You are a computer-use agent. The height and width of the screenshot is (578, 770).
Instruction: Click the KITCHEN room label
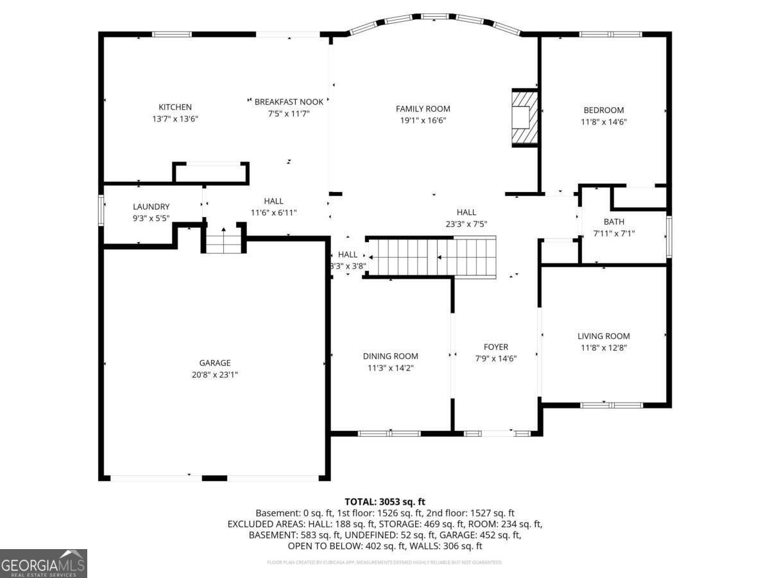(x=175, y=107)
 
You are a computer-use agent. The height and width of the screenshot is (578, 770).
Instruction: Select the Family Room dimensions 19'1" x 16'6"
(x=423, y=120)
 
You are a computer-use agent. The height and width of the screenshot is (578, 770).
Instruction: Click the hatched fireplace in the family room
(x=524, y=118)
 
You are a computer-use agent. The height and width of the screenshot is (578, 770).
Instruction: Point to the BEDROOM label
(x=603, y=110)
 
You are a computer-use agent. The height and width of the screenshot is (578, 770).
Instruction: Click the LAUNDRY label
(x=151, y=207)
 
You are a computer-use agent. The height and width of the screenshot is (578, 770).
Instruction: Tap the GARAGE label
(x=214, y=363)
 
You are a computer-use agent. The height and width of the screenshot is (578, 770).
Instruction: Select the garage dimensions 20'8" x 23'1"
(x=214, y=374)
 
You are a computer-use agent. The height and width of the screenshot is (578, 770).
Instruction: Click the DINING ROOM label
(x=390, y=356)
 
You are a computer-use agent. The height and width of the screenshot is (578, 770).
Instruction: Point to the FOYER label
(x=495, y=347)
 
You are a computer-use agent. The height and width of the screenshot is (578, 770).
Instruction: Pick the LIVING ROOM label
(x=603, y=336)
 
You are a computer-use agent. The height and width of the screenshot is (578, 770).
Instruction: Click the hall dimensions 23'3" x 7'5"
(x=466, y=223)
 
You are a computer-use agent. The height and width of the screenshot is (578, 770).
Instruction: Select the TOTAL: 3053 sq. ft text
(x=385, y=502)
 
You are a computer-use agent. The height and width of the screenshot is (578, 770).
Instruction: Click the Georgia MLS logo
(x=44, y=563)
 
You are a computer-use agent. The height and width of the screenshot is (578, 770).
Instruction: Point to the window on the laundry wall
(x=101, y=210)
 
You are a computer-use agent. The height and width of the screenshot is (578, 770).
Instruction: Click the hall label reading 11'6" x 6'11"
(x=273, y=212)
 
